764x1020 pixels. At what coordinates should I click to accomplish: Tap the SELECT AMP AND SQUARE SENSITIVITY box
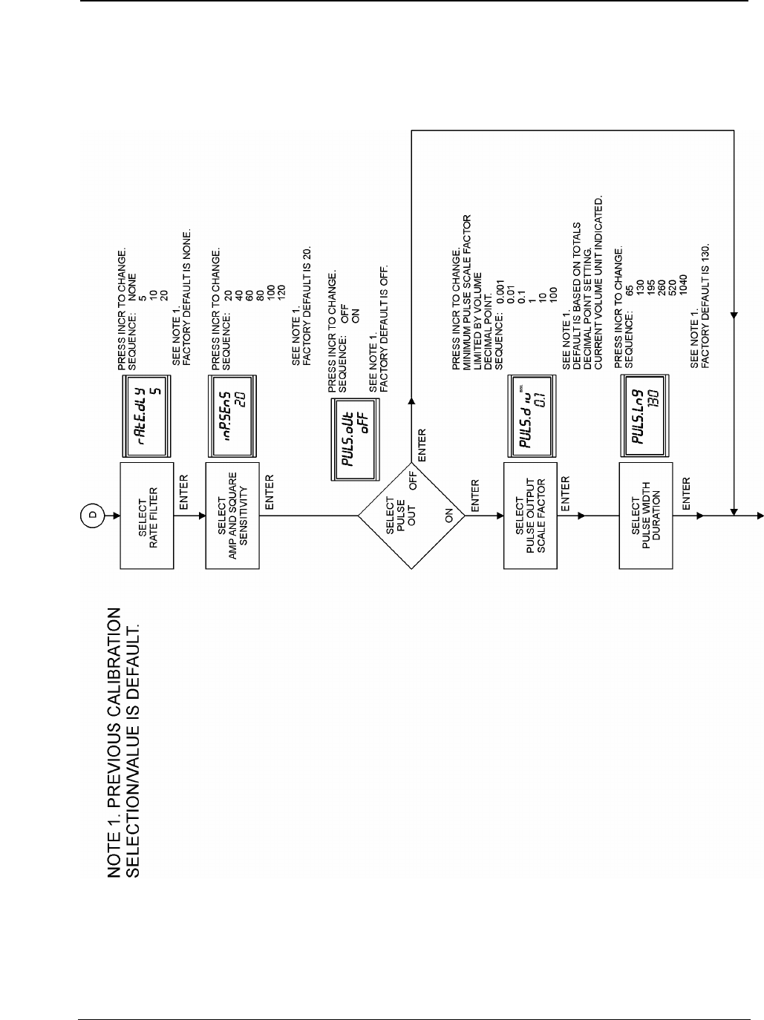[232, 516]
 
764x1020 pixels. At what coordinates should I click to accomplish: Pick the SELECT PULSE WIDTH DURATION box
[645, 516]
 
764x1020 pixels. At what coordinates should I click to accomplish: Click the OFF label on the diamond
[415, 476]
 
